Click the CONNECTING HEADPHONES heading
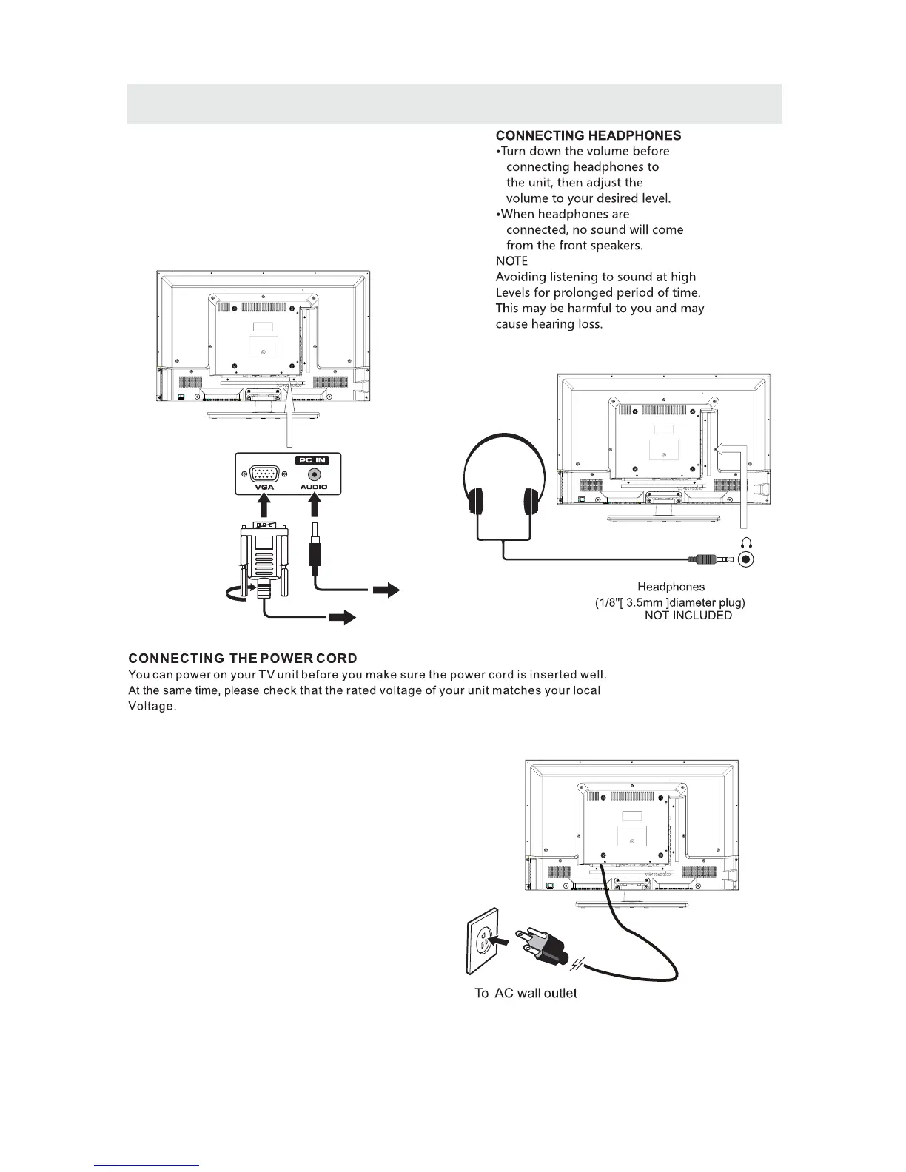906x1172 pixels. click(588, 136)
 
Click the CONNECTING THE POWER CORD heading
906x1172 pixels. click(243, 659)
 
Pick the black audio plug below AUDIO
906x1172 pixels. click(315, 555)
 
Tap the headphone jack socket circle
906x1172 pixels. click(747, 560)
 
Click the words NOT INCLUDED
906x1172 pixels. click(688, 616)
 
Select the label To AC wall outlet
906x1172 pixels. click(526, 993)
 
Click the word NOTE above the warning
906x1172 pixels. click(511, 261)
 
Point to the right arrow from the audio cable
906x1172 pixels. click(386, 590)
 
